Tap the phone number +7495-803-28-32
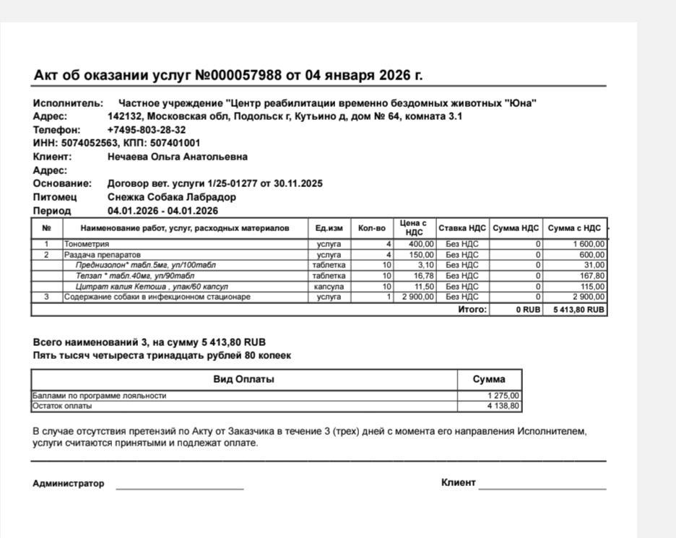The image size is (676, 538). point(147,130)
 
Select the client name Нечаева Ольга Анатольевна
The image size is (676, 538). point(178,157)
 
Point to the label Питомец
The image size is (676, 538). point(55,197)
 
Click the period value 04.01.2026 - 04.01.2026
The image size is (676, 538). point(162,211)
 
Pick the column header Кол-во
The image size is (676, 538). point(372,228)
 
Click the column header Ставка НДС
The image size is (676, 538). point(462,228)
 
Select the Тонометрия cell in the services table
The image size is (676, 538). point(87,244)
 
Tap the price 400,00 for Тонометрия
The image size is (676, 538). point(422,244)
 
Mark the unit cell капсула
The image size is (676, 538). point(329,287)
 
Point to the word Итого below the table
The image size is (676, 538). point(472,310)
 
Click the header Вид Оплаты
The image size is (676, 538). point(243,379)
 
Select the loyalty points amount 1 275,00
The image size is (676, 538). point(503,396)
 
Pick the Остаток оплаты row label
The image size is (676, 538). point(62,406)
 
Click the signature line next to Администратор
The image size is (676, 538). point(179,488)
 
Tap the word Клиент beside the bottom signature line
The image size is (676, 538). point(458,482)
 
